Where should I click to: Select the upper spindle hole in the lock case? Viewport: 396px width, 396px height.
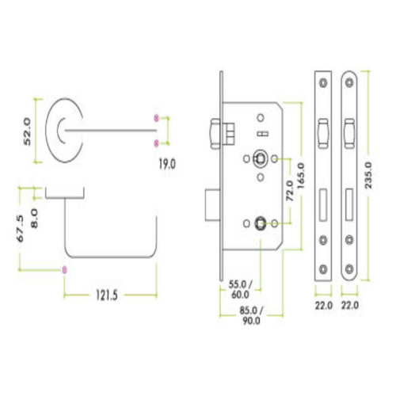coord(259,158)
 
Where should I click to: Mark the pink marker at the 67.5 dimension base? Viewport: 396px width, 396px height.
coord(64,269)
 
